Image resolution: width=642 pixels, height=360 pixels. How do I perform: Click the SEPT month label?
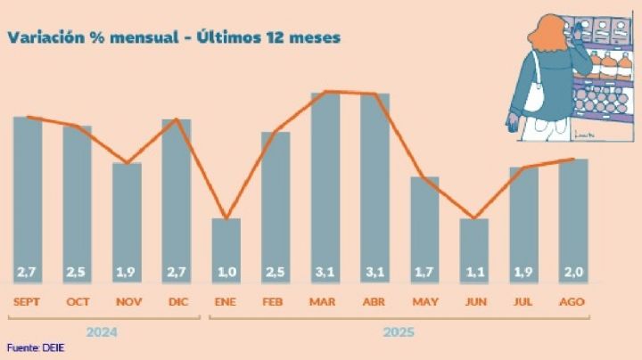(28, 301)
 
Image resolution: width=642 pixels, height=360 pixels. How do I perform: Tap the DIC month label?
(177, 301)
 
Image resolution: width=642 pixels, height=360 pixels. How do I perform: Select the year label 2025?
(399, 333)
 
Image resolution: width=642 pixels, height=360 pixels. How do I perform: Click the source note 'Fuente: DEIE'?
(35, 348)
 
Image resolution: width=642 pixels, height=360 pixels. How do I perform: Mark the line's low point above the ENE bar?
(226, 218)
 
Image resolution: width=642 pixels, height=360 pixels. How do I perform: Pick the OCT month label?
(78, 301)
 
